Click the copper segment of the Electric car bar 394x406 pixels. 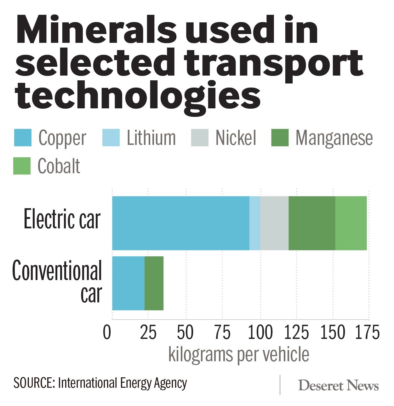180,223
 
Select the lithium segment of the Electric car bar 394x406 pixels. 254,223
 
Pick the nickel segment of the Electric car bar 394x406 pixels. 274,223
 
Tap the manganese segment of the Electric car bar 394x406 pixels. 311,223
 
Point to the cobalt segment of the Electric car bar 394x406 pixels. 351,223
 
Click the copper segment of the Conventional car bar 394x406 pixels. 128,283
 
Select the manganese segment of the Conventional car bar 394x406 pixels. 154,283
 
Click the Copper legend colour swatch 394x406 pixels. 23,138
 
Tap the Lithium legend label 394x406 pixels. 151,138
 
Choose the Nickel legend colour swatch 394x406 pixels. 199,138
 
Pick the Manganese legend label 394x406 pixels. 334,138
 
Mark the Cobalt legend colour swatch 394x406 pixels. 22,166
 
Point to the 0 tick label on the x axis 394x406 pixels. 107,333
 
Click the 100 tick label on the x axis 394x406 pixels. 260,333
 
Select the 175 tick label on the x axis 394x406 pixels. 367,333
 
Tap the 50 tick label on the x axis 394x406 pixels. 185,333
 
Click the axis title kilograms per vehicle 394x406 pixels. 239,355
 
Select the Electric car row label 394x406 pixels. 62,220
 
